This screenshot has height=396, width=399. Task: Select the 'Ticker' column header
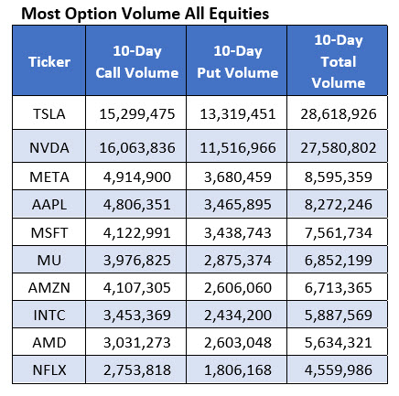pyautogui.click(x=49, y=62)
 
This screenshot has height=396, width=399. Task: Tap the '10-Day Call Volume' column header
pyautogui.click(x=136, y=62)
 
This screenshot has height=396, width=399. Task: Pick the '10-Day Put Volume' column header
pyautogui.click(x=236, y=62)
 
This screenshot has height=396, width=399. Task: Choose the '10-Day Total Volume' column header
pyautogui.click(x=339, y=62)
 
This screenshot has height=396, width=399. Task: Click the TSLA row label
pyautogui.click(x=49, y=113)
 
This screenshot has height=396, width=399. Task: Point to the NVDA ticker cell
pyautogui.click(x=49, y=145)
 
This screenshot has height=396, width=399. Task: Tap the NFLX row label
pyautogui.click(x=49, y=369)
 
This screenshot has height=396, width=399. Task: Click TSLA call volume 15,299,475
pyautogui.click(x=136, y=113)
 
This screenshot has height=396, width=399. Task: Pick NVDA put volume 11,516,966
pyautogui.click(x=236, y=145)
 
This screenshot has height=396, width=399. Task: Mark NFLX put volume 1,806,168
pyautogui.click(x=236, y=369)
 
